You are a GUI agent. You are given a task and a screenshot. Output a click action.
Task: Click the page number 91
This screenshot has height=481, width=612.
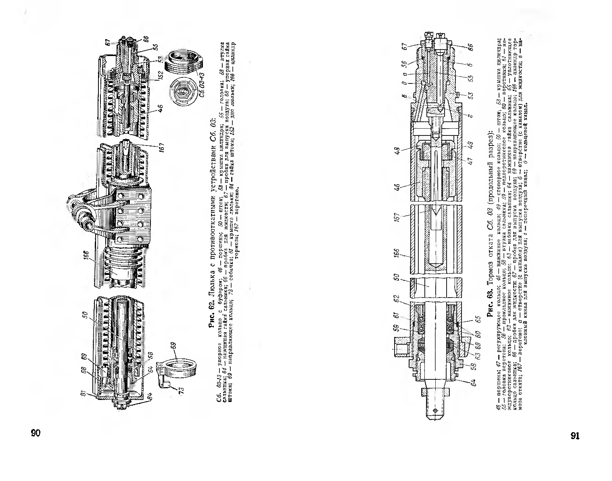[575, 435]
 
